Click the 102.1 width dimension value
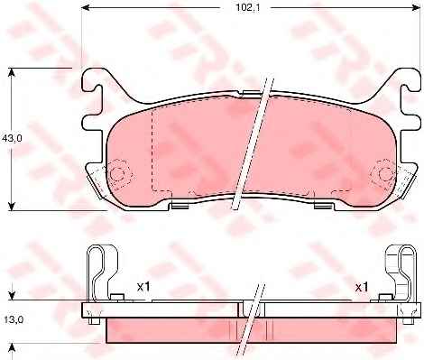point(243,7)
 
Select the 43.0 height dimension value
point(12,138)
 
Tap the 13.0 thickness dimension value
point(14,319)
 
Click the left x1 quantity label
point(143,287)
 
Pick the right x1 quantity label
point(362,288)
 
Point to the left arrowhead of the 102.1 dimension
point(86,7)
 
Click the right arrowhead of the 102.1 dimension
point(415,7)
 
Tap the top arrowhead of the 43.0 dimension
point(11,73)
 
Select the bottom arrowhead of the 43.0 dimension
point(11,207)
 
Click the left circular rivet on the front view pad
point(117,174)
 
